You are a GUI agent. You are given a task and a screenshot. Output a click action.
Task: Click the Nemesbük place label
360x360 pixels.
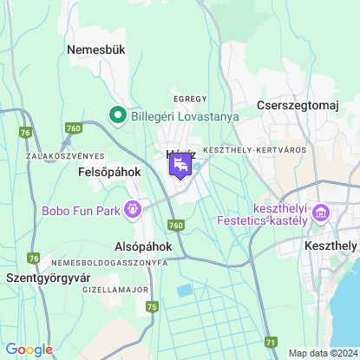(96, 50)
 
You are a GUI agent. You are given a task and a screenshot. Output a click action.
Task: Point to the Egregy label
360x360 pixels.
(190, 99)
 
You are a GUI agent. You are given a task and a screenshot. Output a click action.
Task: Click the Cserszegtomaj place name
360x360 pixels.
(297, 105)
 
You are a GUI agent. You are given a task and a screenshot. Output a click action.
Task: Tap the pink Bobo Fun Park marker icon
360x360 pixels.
(134, 208)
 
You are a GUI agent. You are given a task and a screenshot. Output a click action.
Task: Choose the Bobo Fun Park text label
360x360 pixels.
(81, 210)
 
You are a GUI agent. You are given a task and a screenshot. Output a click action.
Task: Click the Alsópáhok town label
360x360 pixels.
(142, 246)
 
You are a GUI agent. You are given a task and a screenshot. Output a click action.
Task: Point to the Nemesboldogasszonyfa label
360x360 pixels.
(109, 262)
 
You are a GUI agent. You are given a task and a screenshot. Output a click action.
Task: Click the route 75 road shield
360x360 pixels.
(153, 306)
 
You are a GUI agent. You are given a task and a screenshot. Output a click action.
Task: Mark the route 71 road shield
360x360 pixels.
(272, 343)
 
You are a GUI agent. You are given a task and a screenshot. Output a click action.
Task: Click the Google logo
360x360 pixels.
(29, 350)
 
